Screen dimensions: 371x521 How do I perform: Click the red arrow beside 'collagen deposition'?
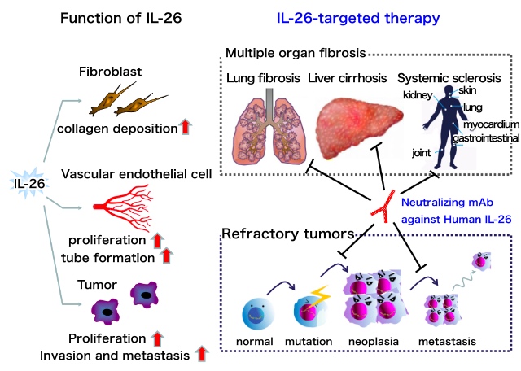coord(187,127)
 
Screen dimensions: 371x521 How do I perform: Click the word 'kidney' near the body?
coord(418,94)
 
